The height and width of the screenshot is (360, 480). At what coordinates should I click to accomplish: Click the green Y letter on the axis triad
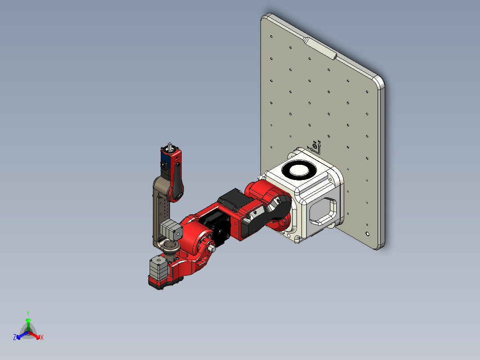click(28, 313)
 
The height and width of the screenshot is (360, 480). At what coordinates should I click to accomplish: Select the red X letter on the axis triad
click(42, 337)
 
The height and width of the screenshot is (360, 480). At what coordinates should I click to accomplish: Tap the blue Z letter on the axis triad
click(15, 337)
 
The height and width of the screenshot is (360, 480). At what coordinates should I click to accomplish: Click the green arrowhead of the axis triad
click(28, 320)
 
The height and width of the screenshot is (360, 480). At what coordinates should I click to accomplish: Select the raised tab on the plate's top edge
click(320, 48)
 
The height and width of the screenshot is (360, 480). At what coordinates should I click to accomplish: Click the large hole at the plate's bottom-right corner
click(367, 233)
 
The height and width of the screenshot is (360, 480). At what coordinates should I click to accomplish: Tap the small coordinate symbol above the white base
click(315, 146)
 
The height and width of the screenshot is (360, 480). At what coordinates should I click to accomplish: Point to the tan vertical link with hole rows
click(159, 209)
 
